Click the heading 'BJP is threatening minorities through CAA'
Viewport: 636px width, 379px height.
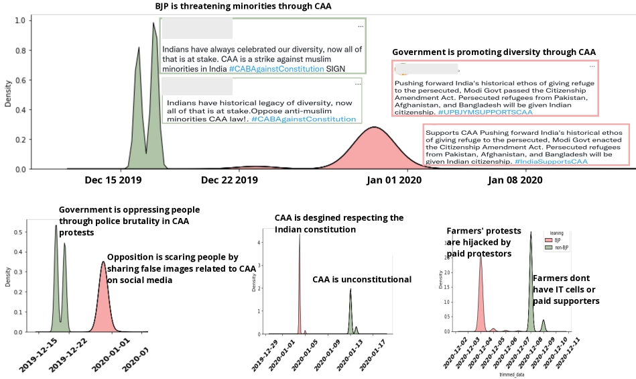point(243,7)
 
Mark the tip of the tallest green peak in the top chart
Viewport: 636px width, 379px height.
point(153,23)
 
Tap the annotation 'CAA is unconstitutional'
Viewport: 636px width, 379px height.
point(362,279)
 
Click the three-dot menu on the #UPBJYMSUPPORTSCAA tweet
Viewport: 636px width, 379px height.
point(592,66)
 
